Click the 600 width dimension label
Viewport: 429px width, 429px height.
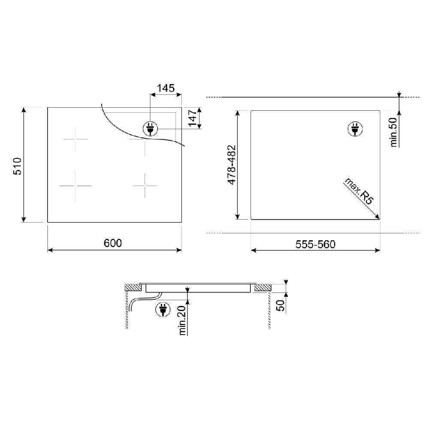point(113,243)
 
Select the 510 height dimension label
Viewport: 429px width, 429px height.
point(18,166)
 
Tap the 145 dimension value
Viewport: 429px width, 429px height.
point(166,88)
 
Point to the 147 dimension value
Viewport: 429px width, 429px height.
point(193,118)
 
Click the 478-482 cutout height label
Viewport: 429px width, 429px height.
point(232,165)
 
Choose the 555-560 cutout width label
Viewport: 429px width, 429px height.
point(315,244)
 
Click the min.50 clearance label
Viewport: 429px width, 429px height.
point(393,133)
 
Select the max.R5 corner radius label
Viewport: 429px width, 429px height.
point(359,191)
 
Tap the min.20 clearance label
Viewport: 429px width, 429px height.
point(182,320)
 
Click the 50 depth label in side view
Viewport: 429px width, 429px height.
point(281,305)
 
